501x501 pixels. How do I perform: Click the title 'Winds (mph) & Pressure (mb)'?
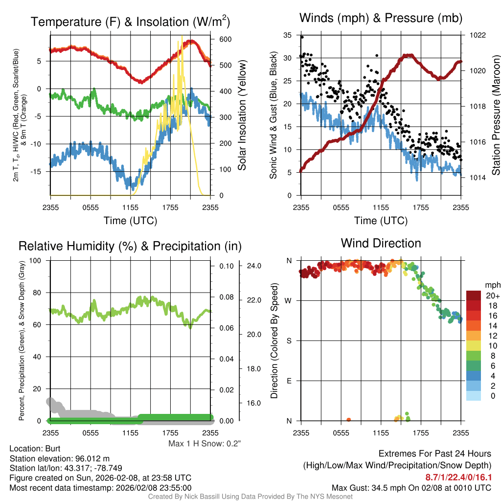pos(381,19)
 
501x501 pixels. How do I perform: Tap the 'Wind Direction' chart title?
pos(381,243)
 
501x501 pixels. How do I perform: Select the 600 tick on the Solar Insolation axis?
pos(219,39)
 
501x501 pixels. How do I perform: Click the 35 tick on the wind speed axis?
pos(287,35)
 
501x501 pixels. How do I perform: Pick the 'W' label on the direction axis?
pos(288,300)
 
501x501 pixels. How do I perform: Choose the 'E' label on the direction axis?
pos(288,381)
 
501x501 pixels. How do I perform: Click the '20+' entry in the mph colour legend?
pos(492,296)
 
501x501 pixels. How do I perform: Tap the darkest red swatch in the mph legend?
pos(474,296)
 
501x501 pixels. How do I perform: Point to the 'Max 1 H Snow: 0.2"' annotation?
pos(205,444)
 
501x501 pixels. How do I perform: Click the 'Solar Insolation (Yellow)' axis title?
pos(242,115)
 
